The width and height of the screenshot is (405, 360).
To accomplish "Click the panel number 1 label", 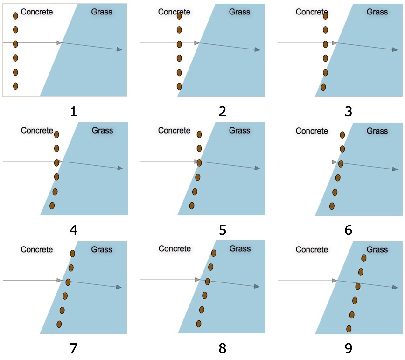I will [x=73, y=112].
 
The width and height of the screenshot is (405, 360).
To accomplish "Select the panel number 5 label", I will [x=222, y=230].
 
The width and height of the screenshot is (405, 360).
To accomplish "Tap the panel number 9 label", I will [x=348, y=348].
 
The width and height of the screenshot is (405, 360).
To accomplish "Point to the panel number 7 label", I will [x=73, y=348].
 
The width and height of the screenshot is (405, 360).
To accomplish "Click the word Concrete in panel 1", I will [x=37, y=12].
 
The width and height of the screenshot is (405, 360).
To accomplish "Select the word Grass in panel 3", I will [x=377, y=12].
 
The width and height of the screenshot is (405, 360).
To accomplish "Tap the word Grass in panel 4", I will [x=102, y=130].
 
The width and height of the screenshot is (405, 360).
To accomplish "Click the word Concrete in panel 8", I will [x=175, y=249].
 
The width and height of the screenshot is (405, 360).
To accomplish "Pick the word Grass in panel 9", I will [x=377, y=249].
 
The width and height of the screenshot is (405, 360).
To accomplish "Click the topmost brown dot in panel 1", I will [x=15, y=16].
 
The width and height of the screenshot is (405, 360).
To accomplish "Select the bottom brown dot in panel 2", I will [x=179, y=86].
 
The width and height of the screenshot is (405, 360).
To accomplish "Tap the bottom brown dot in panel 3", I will [x=323, y=87].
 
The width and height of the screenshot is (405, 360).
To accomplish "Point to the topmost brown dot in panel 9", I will [x=364, y=258].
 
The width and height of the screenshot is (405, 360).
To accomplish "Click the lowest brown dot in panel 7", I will [x=59, y=324].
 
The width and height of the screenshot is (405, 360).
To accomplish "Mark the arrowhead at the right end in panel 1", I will [x=119, y=49].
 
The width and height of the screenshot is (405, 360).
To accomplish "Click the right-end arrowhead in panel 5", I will [x=257, y=168].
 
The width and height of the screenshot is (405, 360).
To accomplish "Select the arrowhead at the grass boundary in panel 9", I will [x=334, y=280].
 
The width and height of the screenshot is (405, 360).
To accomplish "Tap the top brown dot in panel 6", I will [x=342, y=135].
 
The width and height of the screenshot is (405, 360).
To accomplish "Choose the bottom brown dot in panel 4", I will [x=52, y=205].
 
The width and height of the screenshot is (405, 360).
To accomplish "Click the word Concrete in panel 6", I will [x=312, y=131].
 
